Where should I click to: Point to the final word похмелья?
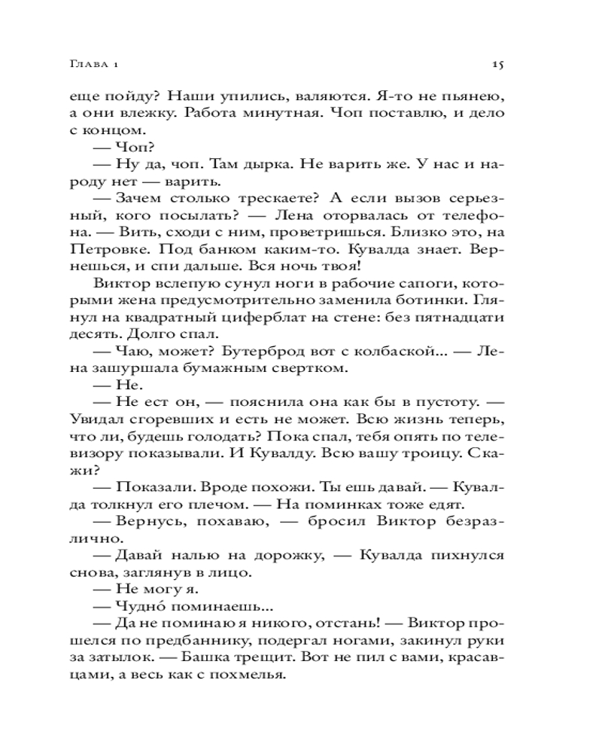point(254,675)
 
